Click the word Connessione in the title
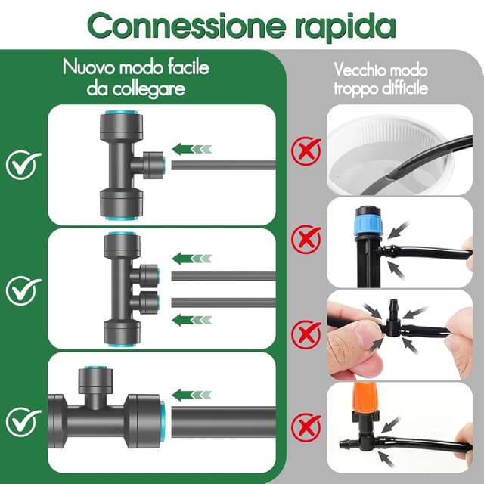tap(187, 26)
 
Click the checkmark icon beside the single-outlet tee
tap(23, 166)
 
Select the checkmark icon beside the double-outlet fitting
tap(23, 291)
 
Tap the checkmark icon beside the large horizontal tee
tap(23, 422)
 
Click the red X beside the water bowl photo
tap(306, 151)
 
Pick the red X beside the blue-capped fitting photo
tap(306, 239)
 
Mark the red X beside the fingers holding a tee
tap(306, 334)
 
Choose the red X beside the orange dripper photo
tap(306, 427)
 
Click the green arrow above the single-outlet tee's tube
tap(191, 149)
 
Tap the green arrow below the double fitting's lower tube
tap(191, 320)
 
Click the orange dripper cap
tap(365, 398)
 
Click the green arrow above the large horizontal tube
tap(191, 395)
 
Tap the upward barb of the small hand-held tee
tap(393, 309)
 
